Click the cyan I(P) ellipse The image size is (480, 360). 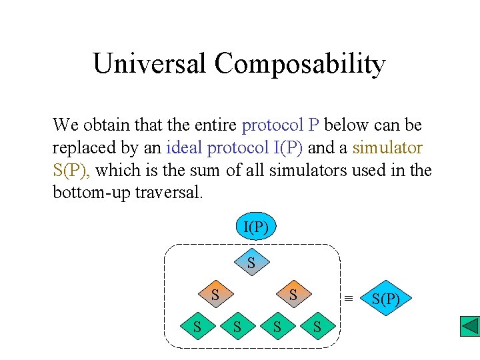[255, 227]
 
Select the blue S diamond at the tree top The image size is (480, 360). [251, 263]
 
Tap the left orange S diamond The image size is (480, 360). [215, 294]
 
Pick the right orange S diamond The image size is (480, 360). [292, 294]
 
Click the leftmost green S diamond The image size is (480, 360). [197, 327]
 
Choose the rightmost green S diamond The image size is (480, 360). [317, 327]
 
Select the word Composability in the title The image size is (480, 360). [300, 64]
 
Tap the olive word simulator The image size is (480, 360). [387, 147]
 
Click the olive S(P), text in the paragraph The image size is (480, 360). [73, 170]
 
